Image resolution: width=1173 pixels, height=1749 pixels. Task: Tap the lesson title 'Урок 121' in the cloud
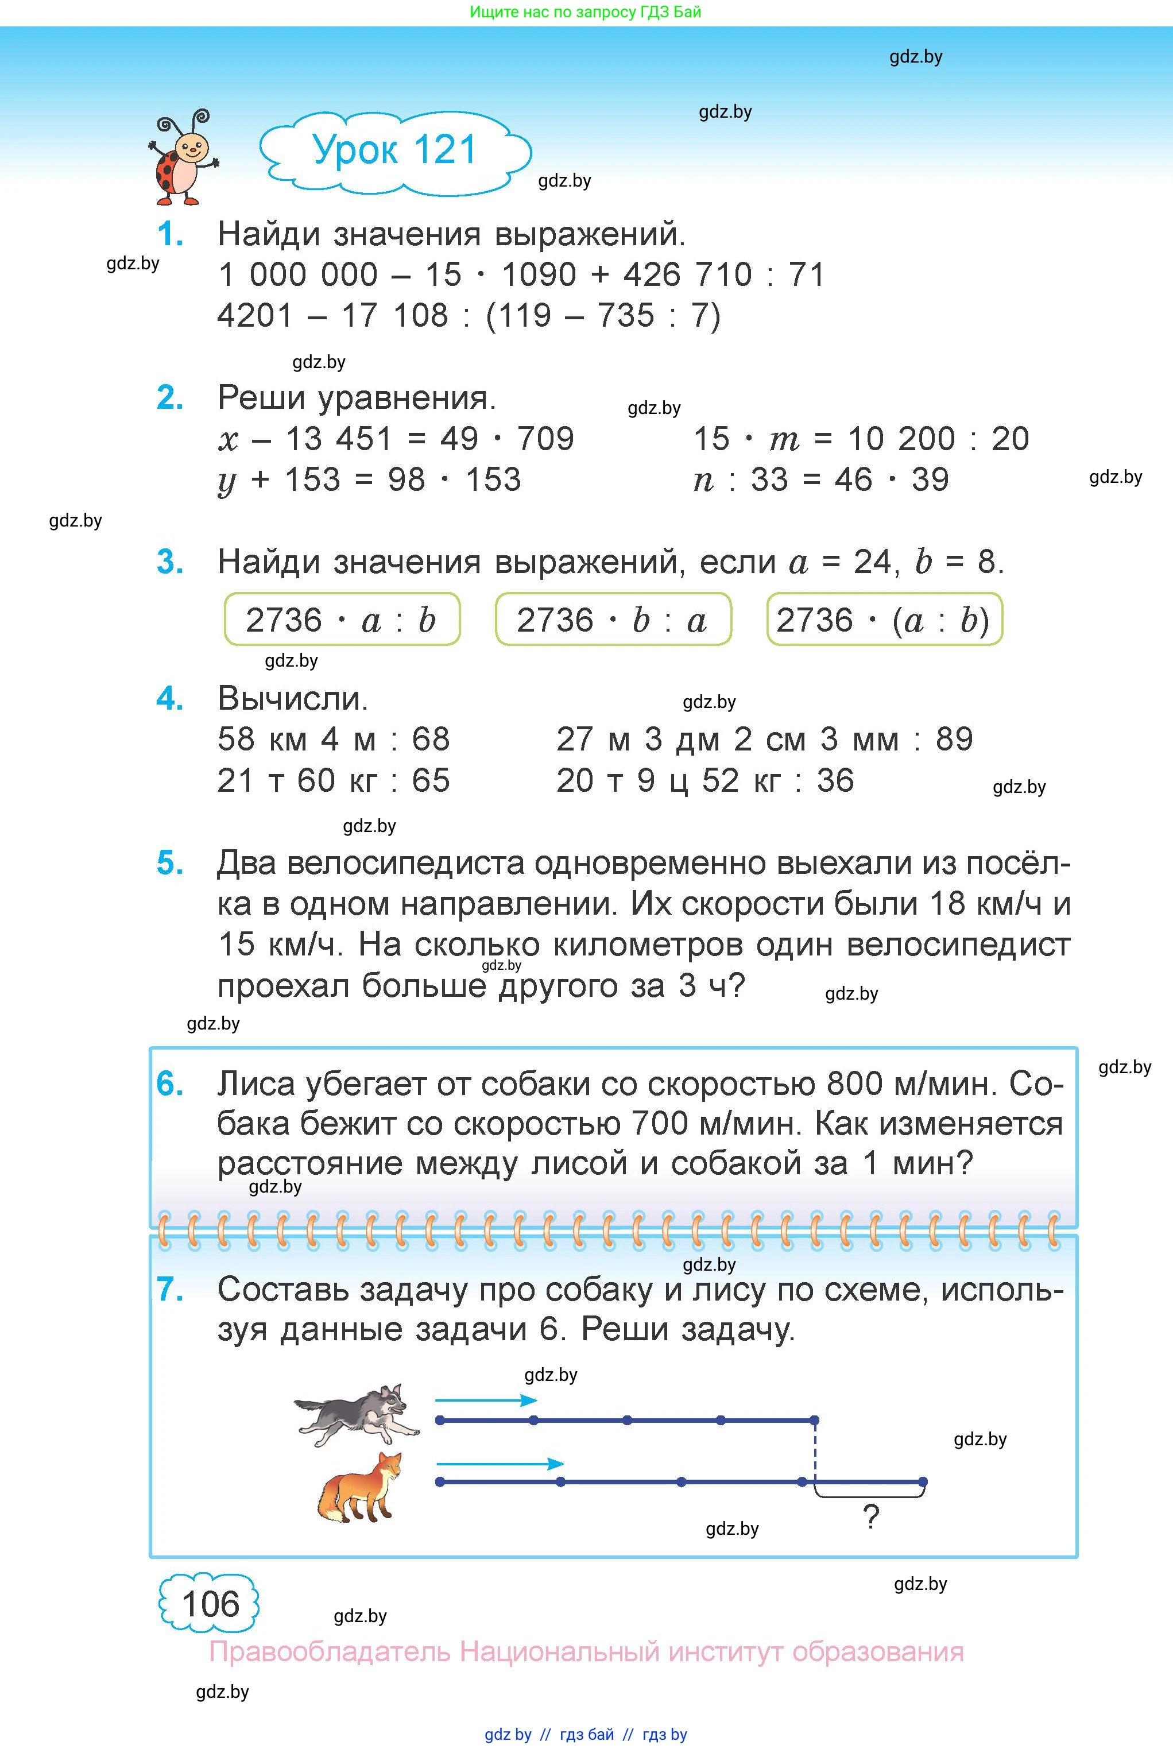coord(394,150)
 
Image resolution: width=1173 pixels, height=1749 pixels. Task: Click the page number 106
coord(210,1604)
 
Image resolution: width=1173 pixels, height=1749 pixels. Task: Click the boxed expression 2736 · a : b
coord(342,620)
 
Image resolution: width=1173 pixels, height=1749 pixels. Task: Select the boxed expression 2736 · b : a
coord(613,620)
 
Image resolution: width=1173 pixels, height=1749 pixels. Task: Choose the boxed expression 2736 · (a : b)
coord(884,620)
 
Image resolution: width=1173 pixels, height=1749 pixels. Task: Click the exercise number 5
coord(170,863)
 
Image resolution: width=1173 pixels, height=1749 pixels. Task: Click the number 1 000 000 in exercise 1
coord(298,274)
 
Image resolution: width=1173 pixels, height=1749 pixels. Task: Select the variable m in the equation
coord(784,440)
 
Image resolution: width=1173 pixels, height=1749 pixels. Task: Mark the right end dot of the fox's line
coord(923,1482)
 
